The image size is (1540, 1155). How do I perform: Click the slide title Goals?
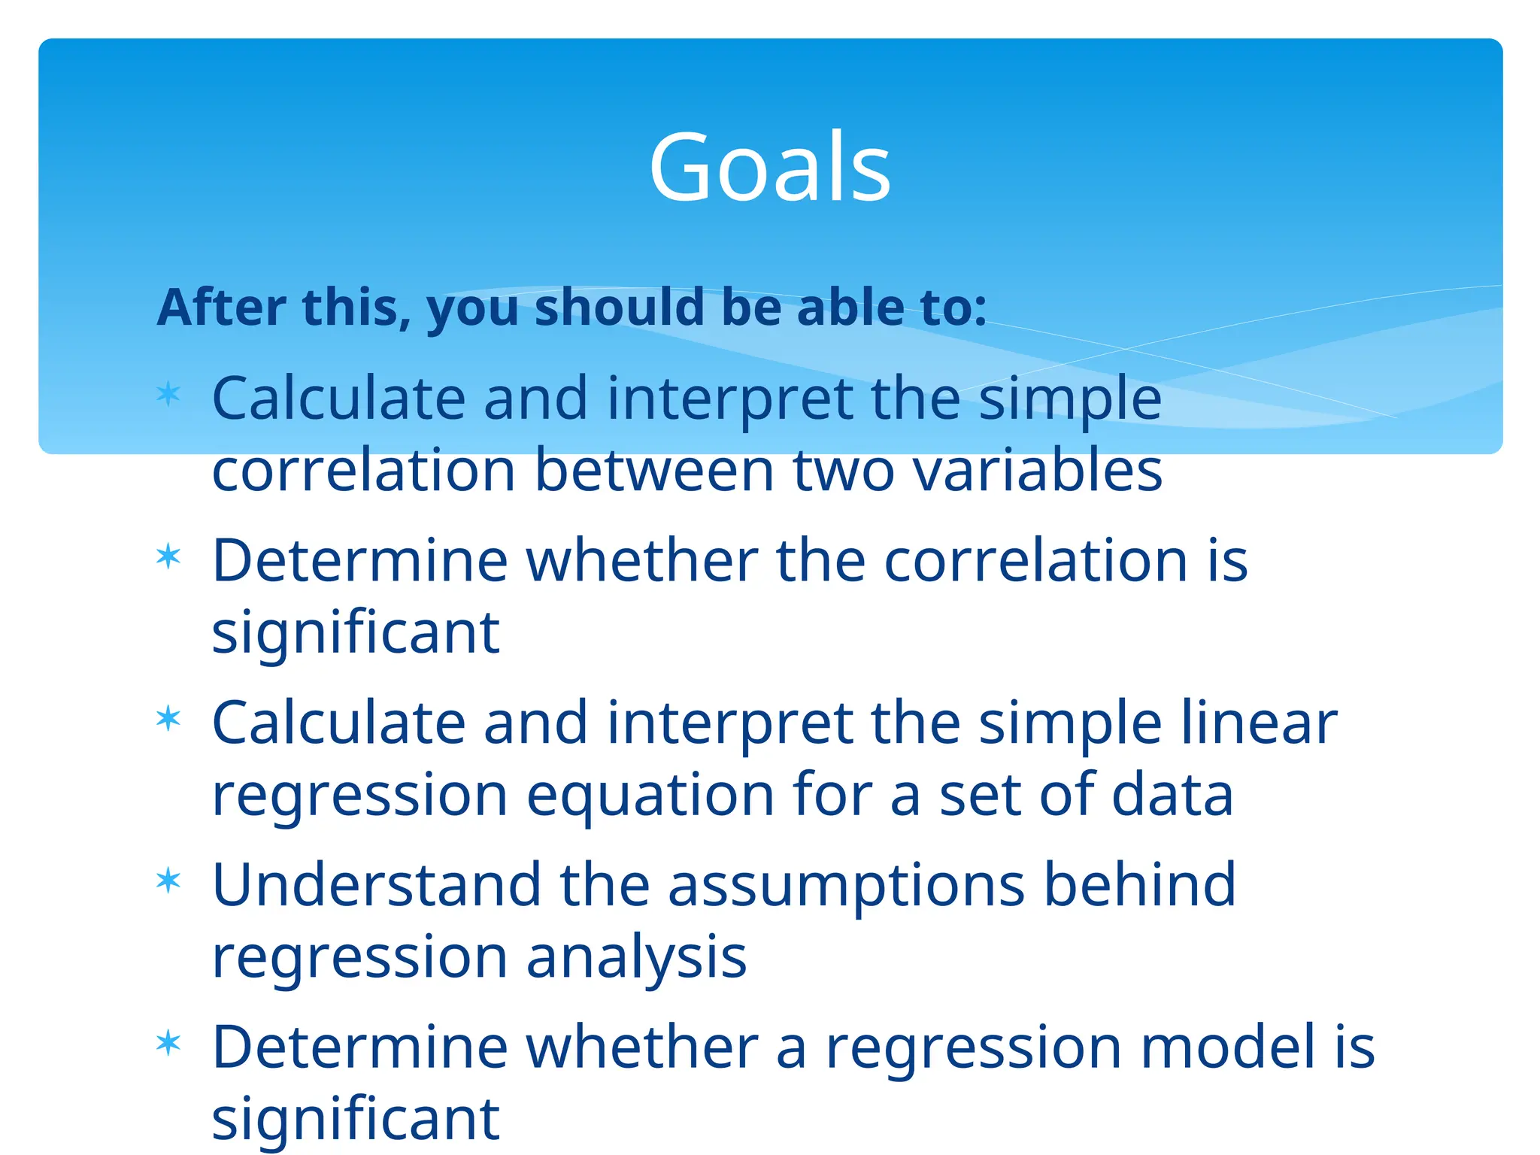769,167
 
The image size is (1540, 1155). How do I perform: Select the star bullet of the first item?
168,394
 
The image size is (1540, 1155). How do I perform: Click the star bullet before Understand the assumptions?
168,880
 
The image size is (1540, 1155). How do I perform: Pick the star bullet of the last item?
168,1043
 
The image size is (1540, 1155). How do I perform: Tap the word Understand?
377,884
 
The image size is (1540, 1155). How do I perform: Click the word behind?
1139,884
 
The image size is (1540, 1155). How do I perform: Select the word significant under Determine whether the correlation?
356,634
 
